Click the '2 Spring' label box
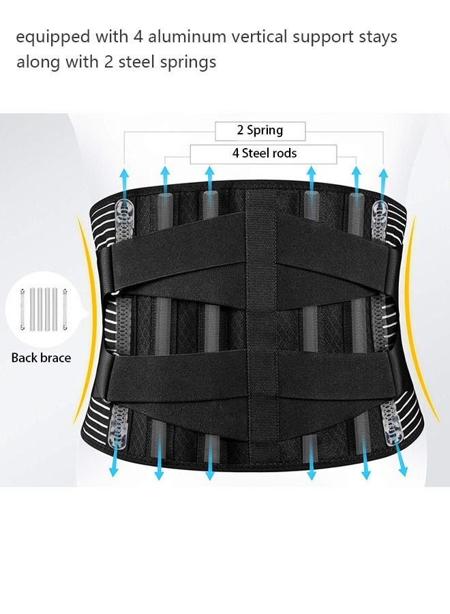260,130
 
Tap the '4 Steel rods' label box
264,153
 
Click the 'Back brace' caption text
41,357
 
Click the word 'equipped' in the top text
48,37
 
